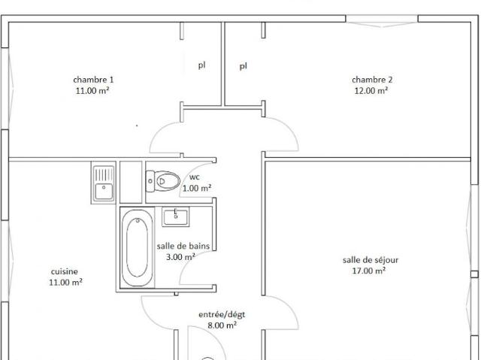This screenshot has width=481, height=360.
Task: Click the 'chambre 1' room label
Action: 94,80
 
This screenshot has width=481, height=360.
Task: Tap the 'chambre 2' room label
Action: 372,80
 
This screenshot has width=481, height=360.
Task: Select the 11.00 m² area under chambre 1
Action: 94,91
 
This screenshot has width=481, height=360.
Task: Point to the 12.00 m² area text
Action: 371,91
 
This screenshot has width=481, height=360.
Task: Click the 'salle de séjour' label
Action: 371,260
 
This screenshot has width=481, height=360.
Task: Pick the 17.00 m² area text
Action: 371,271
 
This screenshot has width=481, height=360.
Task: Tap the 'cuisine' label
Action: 65,271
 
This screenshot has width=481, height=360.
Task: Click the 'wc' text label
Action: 195,177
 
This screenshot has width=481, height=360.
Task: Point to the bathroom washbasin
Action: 176,216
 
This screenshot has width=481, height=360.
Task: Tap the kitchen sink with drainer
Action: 103,182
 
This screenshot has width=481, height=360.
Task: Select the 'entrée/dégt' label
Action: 222,314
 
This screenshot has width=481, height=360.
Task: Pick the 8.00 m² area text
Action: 222,325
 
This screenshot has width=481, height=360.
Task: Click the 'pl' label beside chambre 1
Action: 202,65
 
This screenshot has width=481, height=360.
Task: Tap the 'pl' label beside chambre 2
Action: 243,66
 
